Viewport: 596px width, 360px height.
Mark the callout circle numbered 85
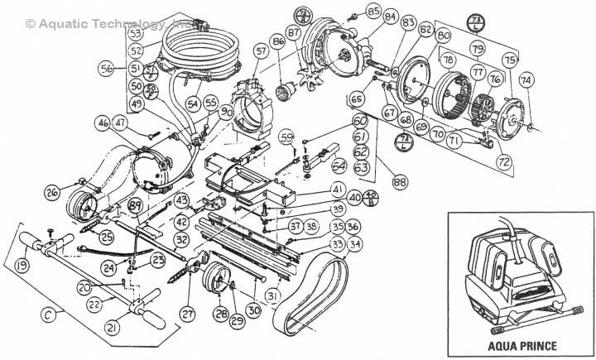(350, 11)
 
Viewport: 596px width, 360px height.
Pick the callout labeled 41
(338, 189)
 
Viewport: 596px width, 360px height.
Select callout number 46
(103, 122)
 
